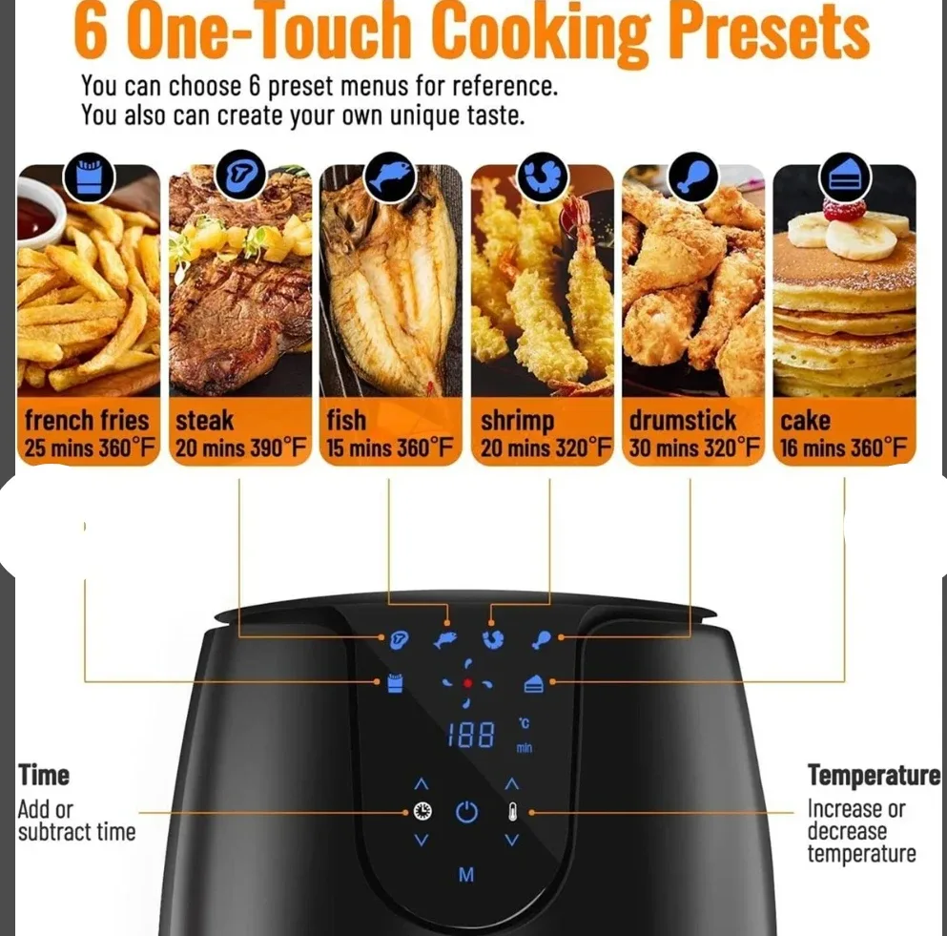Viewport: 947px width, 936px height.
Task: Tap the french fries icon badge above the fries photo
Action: coord(89,177)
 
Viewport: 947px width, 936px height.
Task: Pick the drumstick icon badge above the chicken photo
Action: coord(693,177)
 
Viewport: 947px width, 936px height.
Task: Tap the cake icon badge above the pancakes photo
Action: coord(844,177)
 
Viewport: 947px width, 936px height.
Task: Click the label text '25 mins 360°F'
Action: coord(90,448)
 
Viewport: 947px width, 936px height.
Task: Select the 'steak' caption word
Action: coord(206,421)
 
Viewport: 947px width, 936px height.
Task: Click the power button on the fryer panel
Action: coord(466,813)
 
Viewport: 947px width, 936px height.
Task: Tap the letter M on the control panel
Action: coord(466,874)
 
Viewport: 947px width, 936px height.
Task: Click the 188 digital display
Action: coord(471,735)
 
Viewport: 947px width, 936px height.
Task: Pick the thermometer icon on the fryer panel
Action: coord(512,813)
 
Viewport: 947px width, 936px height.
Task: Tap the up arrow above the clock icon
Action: coord(422,784)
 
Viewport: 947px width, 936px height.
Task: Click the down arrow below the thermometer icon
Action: coord(512,841)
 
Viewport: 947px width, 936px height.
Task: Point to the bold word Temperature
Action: coord(874,775)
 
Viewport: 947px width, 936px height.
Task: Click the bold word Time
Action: coord(44,775)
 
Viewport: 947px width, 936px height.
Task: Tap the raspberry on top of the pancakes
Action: coord(845,208)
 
